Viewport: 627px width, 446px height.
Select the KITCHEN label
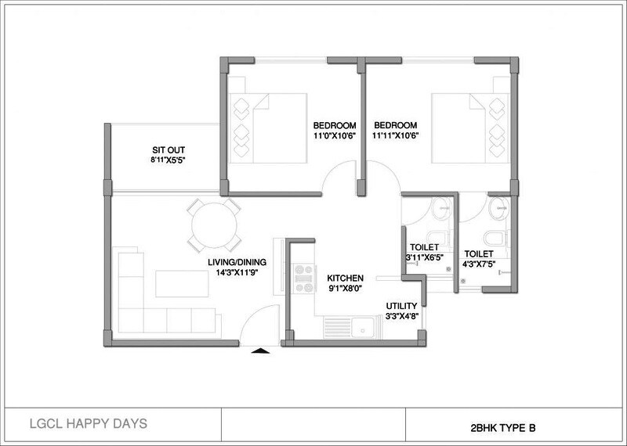point(346,278)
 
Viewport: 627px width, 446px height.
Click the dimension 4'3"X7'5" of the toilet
point(478,265)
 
